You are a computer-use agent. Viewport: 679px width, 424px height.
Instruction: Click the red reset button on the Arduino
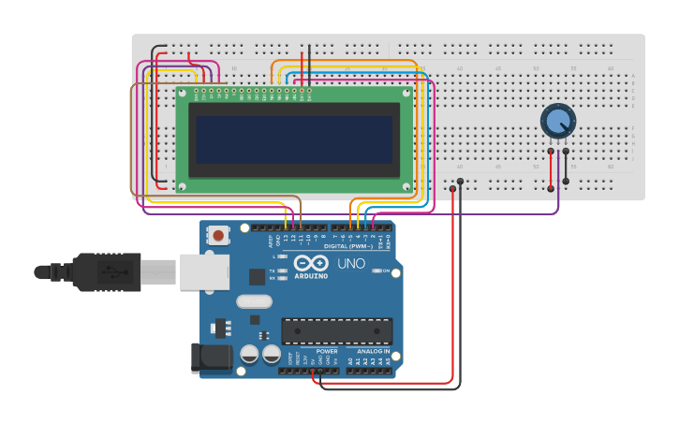219,236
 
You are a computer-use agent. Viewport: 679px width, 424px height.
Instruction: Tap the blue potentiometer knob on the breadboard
557,121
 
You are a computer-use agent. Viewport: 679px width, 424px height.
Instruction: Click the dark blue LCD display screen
294,139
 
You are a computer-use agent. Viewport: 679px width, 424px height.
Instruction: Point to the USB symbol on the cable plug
115,272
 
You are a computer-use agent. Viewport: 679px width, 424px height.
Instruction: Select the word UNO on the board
351,264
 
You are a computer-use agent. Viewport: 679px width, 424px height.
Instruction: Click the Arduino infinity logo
311,263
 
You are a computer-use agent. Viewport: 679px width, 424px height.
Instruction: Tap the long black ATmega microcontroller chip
336,331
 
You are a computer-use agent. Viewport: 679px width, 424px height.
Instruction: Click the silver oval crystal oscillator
254,301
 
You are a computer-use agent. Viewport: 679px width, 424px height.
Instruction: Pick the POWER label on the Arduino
327,351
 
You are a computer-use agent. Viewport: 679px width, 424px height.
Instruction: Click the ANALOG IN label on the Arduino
374,351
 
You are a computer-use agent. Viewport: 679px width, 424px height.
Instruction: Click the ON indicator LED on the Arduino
376,270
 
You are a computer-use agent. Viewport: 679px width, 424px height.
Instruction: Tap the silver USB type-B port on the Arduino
204,272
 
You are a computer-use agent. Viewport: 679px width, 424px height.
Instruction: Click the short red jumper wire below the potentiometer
551,169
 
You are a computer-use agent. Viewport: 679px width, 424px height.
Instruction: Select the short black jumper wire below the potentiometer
566,166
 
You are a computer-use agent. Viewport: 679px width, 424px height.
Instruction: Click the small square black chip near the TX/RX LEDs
257,276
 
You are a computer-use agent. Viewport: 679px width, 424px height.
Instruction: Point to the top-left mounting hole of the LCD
183,93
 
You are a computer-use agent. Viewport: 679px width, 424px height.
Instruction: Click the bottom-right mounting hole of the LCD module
406,186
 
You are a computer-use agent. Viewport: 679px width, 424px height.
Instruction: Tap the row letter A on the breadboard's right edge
633,75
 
